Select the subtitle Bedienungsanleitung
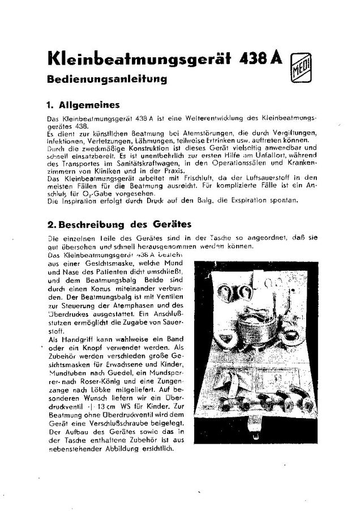pos(107,80)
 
